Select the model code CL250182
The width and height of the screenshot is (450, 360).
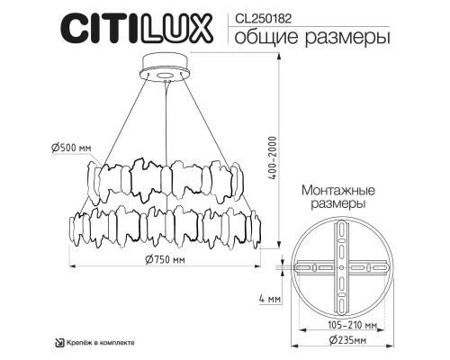[x=262, y=15]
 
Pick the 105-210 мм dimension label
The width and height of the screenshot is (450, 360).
[x=337, y=326]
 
